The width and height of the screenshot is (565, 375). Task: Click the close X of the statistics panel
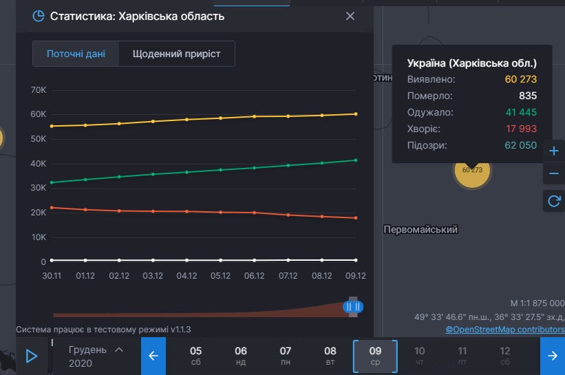pos(350,16)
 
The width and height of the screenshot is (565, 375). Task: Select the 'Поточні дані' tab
pos(76,54)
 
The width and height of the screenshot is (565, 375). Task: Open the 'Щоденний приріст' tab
pos(177,54)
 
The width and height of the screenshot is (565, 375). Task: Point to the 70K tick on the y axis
pos(39,90)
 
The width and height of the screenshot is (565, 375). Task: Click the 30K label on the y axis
pos(39,189)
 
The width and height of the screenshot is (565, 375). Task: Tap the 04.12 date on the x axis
pos(186,276)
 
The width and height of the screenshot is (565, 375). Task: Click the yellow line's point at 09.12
pos(356,114)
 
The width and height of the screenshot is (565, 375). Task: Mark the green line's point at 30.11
pos(52,182)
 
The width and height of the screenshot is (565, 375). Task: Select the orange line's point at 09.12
pos(356,218)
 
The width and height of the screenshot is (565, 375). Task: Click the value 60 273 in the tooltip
pos(520,80)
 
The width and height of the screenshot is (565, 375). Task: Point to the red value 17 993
pos(520,129)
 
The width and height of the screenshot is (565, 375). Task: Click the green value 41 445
pos(520,113)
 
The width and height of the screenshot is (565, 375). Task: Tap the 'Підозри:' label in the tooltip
pos(427,146)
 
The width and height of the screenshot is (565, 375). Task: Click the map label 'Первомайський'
pos(420,230)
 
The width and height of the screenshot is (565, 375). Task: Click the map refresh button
pos(553,201)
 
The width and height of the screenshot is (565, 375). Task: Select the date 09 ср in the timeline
pos(375,356)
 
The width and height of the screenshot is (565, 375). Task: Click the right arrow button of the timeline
pos(552,356)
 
